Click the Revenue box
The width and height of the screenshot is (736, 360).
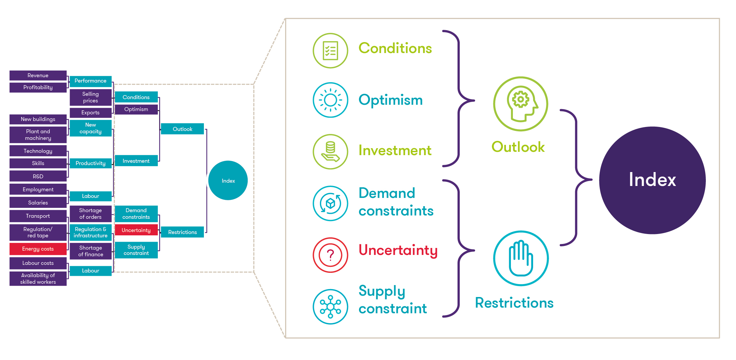[x=38, y=76]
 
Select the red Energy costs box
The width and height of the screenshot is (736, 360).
[x=38, y=249]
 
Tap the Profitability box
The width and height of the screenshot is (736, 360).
[x=38, y=88]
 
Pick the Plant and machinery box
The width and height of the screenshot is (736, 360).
[x=38, y=135]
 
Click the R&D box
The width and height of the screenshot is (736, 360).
[x=38, y=176]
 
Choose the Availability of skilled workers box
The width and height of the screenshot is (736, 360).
[x=38, y=279]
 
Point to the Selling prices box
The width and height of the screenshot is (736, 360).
[x=91, y=97]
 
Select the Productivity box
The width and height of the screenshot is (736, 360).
[x=91, y=163]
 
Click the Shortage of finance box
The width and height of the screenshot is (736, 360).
[x=91, y=251]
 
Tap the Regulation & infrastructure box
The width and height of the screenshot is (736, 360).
[x=91, y=232]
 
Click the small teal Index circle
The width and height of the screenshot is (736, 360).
[x=228, y=181]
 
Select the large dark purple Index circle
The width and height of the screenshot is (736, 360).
[x=652, y=180]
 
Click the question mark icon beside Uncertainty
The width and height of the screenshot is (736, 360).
[x=331, y=255]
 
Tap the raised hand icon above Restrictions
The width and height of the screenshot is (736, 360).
[x=521, y=258]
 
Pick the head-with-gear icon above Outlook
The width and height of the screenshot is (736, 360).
[x=521, y=104]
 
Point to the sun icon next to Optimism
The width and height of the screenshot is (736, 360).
[x=331, y=100]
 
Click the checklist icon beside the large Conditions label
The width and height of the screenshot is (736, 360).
[x=331, y=51]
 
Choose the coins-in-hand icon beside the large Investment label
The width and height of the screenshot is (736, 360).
[x=331, y=152]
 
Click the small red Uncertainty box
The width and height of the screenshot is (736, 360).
[x=136, y=230]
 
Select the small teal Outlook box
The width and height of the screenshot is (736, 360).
[x=182, y=129]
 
